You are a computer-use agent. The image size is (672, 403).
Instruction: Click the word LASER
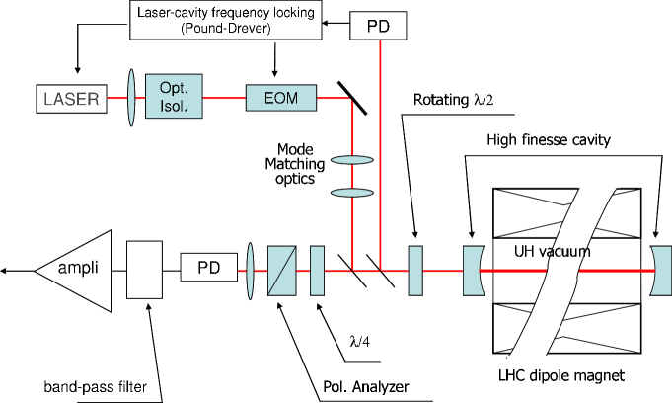(x=71, y=99)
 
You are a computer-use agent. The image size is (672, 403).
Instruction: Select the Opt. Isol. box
(x=174, y=96)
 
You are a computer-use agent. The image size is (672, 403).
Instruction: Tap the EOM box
(x=281, y=98)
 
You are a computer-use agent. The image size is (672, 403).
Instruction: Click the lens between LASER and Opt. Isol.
(x=131, y=97)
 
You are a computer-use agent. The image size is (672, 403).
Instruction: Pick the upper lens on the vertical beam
(x=352, y=160)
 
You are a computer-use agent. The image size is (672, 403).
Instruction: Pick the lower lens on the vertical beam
(x=352, y=192)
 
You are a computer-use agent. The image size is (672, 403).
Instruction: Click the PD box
(x=209, y=268)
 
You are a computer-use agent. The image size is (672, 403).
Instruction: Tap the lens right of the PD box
(x=250, y=270)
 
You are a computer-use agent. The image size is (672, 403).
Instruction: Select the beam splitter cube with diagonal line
(x=281, y=270)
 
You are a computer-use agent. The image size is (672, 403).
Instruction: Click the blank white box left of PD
(x=144, y=270)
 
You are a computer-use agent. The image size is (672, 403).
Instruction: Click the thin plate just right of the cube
(x=317, y=270)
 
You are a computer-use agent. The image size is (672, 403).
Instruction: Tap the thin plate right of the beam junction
(x=415, y=270)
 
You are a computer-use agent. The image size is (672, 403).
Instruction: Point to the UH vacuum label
(x=552, y=252)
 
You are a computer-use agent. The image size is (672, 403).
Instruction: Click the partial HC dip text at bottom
(x=527, y=375)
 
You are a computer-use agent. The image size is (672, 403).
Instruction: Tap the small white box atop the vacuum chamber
(x=599, y=175)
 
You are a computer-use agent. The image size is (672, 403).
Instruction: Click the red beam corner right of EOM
(x=350, y=99)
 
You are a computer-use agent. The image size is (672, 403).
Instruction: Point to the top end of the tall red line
(x=380, y=43)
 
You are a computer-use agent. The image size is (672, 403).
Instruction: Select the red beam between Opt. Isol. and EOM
(x=224, y=98)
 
